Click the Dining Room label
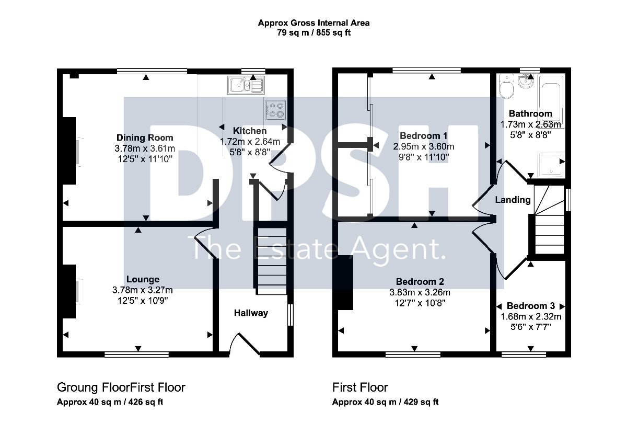coord(145,138)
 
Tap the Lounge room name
coord(143,279)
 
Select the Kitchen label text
coord(250,131)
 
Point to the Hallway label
coord(251,313)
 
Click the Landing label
coord(513,200)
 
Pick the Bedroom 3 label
coord(531,306)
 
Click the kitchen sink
coord(246,85)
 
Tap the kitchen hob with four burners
coord(276,110)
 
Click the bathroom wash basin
coord(526,81)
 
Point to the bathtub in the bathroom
coord(551,101)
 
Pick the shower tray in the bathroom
coord(551,165)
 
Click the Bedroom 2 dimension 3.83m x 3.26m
coord(420,292)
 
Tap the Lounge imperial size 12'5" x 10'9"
coord(143,301)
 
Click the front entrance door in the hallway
coord(245,345)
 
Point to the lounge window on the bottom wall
coord(136,355)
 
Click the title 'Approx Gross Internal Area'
coord(313,22)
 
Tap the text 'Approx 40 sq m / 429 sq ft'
coord(385,402)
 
